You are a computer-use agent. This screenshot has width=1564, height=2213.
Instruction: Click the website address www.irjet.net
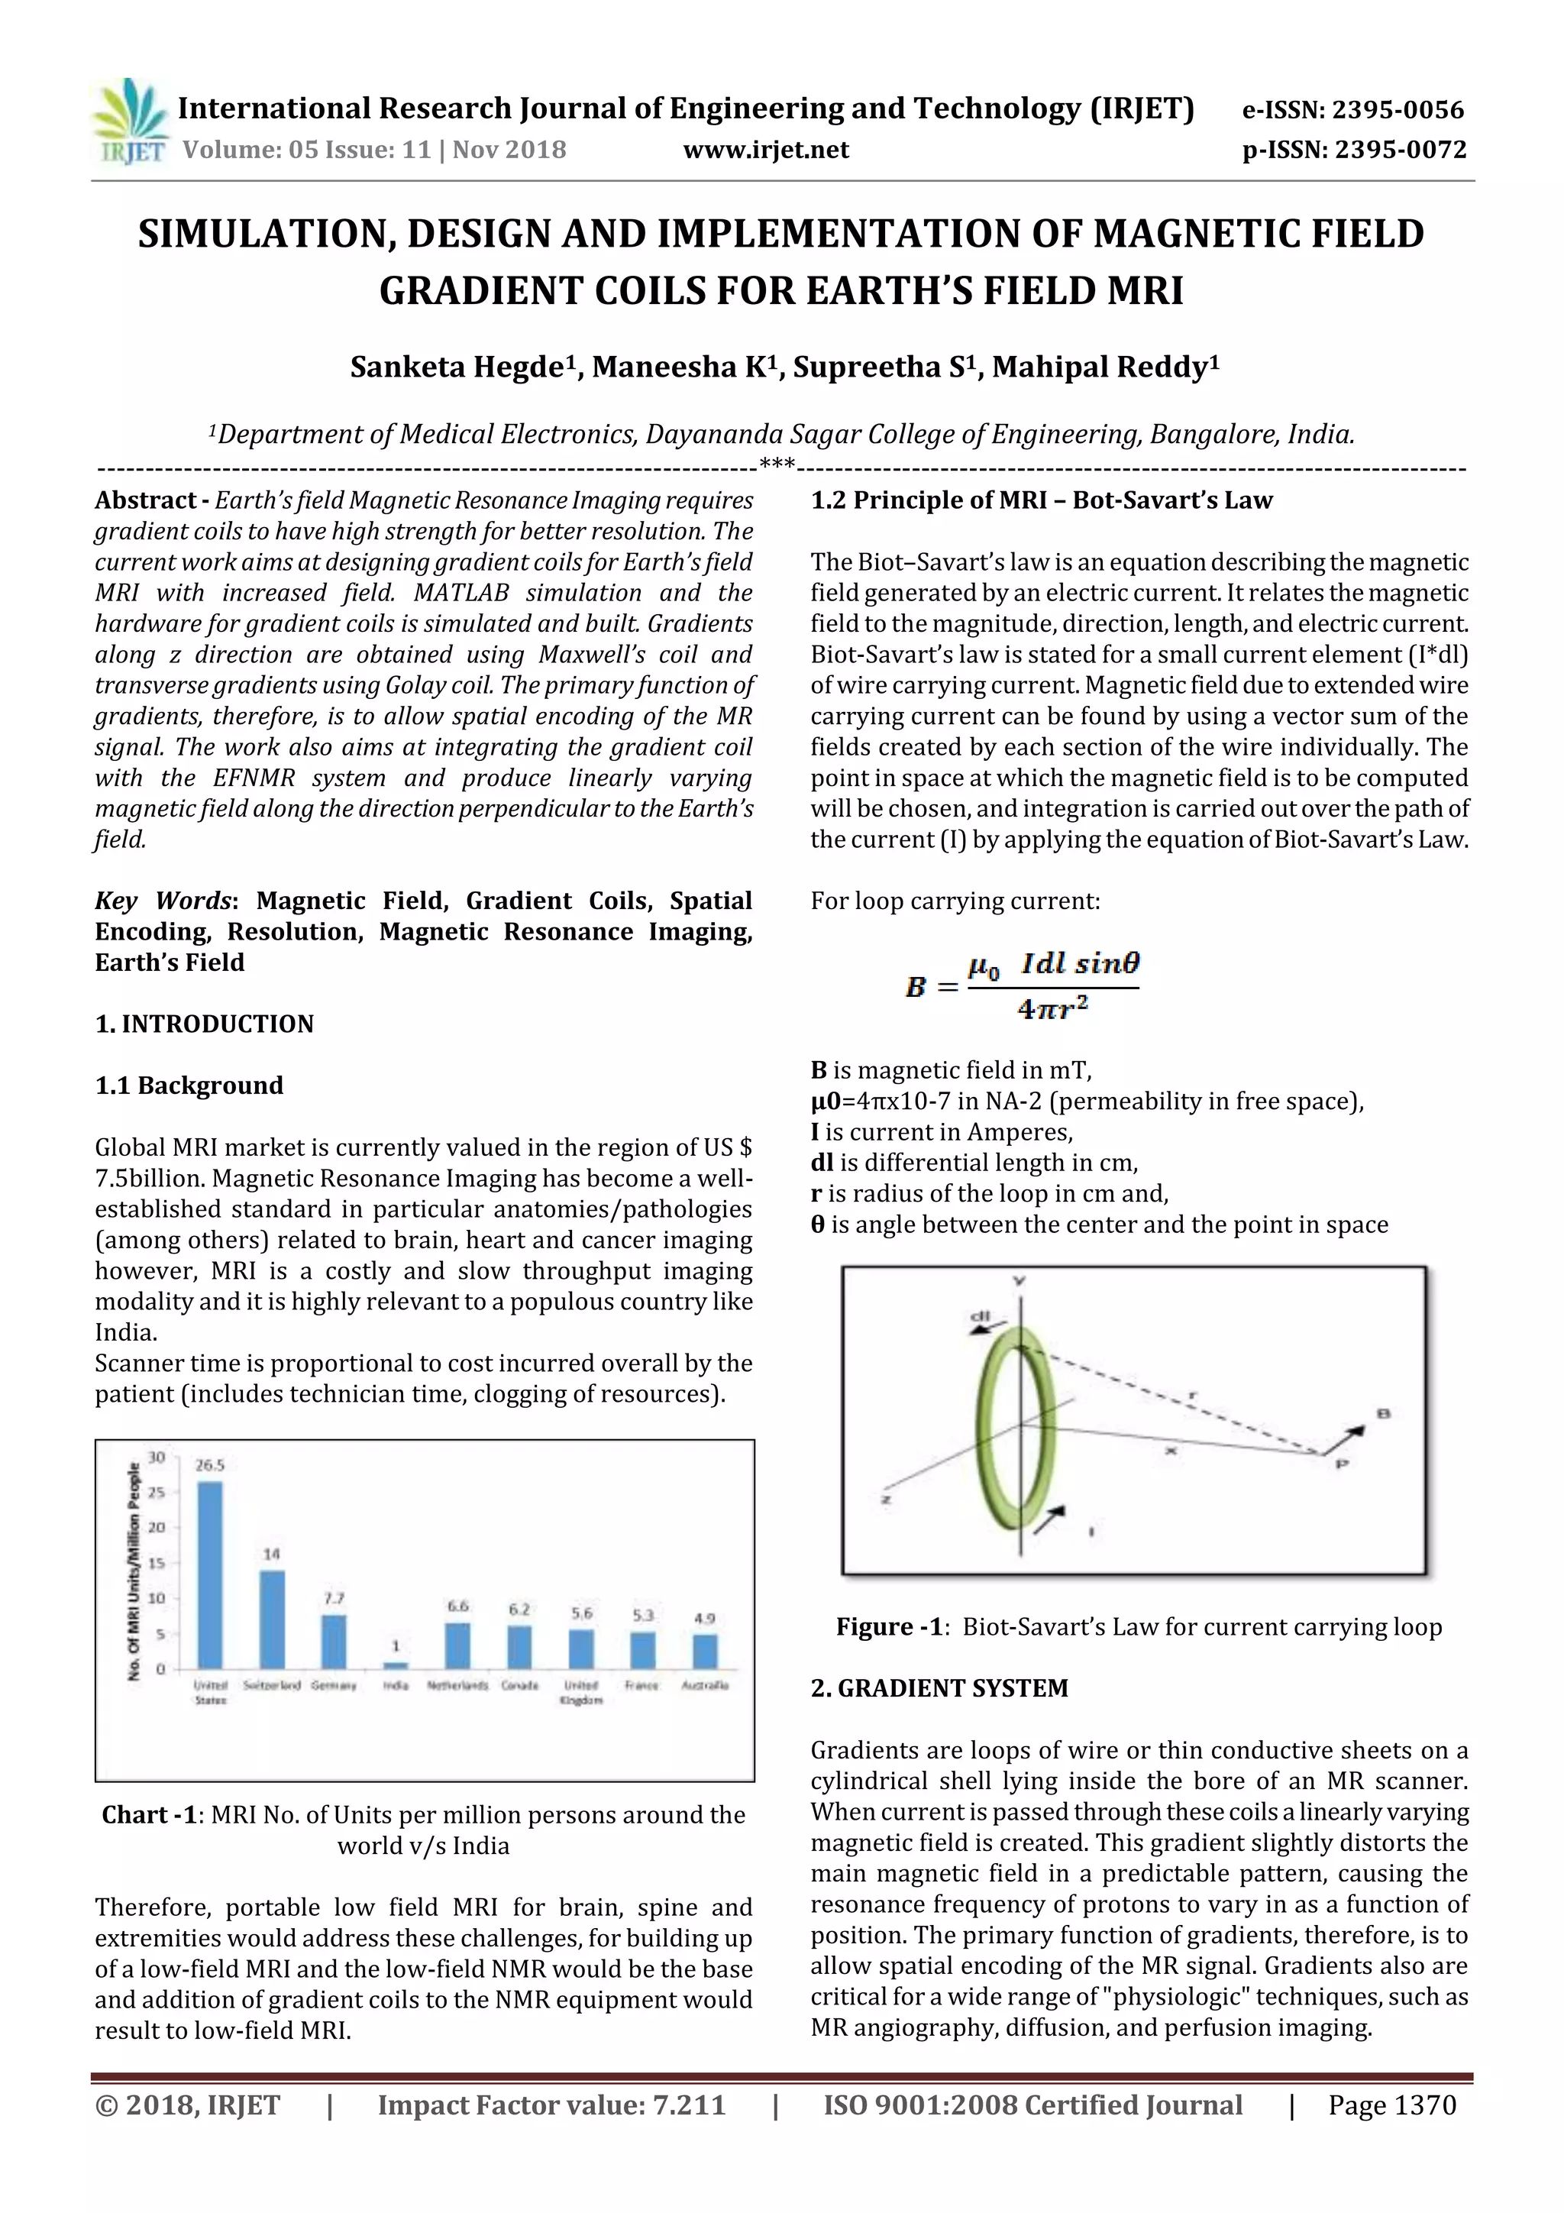[766, 150]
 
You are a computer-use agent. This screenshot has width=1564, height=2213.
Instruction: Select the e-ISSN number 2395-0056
[1398, 111]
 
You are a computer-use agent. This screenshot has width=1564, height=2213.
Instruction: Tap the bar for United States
[210, 1574]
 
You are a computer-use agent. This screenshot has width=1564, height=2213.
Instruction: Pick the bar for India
[396, 1665]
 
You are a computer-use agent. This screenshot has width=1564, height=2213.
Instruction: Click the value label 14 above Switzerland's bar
[272, 1554]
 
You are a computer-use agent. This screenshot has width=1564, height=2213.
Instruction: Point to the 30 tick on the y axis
[156, 1457]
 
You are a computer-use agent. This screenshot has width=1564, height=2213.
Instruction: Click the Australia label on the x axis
[704, 1686]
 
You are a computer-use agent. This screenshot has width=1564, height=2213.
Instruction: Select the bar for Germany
[334, 1642]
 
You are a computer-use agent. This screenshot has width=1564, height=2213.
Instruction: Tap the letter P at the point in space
[1343, 1464]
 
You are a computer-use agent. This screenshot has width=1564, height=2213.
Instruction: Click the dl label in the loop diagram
[981, 1317]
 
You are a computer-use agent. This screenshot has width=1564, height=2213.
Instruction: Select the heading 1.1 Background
[189, 1085]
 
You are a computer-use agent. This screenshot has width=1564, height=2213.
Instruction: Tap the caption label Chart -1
[148, 1815]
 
